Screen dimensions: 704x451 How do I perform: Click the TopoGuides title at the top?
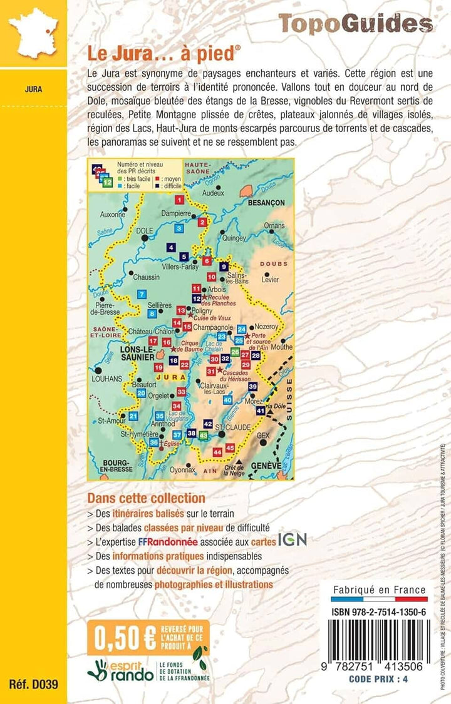coord(355,23)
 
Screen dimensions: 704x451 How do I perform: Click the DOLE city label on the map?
coord(144,230)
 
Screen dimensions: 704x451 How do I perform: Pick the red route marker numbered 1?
coord(180,200)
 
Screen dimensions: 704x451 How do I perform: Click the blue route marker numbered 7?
coord(142,294)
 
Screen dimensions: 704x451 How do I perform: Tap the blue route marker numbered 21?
coord(133,416)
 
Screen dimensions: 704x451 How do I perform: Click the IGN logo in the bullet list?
coord(293,539)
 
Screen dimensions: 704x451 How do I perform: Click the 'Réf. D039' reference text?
coord(33,684)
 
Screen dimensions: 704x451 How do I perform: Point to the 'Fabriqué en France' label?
coord(379,589)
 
